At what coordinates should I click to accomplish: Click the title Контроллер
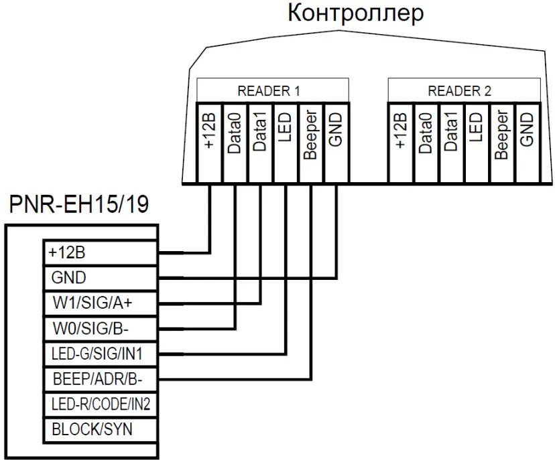pyautogui.click(x=355, y=13)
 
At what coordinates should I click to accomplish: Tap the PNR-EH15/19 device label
pyautogui.click(x=78, y=204)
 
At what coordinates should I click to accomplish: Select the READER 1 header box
pyautogui.click(x=273, y=90)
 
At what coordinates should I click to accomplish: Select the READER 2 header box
pyautogui.click(x=464, y=90)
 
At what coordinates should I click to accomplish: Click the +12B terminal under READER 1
pyautogui.click(x=210, y=143)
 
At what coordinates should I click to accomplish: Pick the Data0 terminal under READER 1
pyautogui.click(x=235, y=143)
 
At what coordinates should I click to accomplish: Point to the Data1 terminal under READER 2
pyautogui.click(x=452, y=143)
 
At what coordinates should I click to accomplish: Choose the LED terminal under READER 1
pyautogui.click(x=286, y=143)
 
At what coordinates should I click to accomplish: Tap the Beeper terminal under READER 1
pyautogui.click(x=311, y=143)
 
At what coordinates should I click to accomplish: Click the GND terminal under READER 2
pyautogui.click(x=528, y=143)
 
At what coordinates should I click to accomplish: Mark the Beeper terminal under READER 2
pyautogui.click(x=502, y=143)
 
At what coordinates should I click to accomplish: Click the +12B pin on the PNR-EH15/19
pyautogui.click(x=100, y=253)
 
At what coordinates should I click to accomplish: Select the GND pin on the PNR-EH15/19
pyautogui.click(x=100, y=278)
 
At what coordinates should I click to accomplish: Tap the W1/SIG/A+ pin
pyautogui.click(x=100, y=303)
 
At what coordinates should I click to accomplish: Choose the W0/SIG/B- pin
pyautogui.click(x=100, y=329)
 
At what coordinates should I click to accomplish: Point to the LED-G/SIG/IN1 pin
pyautogui.click(x=100, y=354)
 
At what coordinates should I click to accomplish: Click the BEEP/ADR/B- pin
pyautogui.click(x=100, y=380)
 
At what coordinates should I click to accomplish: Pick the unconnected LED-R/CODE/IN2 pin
pyautogui.click(x=100, y=404)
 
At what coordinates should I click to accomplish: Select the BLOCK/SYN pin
pyautogui.click(x=100, y=430)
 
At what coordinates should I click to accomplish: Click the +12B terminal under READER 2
pyautogui.click(x=401, y=143)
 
